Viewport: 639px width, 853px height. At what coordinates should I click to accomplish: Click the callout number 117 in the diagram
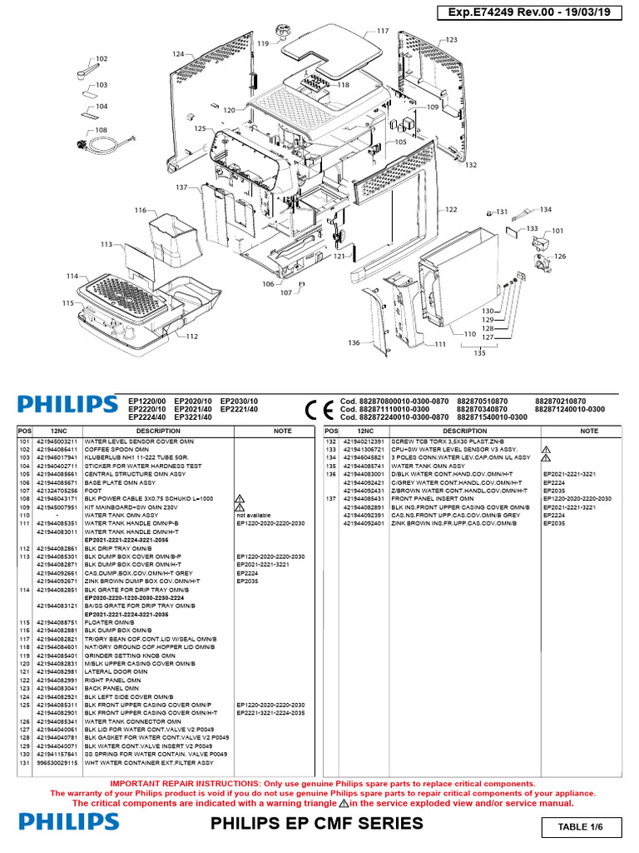383,31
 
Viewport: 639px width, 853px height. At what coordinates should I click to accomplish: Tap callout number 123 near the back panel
451,40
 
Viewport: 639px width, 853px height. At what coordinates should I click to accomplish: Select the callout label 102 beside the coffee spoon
102,59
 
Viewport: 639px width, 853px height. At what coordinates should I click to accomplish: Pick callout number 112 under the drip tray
192,337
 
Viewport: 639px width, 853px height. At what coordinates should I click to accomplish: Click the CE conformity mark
318,410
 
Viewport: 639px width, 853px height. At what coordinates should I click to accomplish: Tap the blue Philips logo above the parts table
67,405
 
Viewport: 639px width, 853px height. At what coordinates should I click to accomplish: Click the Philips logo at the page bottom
69,822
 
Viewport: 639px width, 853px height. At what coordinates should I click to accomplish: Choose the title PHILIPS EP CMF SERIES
317,824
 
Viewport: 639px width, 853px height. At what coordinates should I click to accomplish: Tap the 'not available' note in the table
254,516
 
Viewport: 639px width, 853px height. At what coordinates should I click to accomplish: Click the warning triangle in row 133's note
547,449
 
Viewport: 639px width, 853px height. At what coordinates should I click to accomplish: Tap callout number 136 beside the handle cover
354,342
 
